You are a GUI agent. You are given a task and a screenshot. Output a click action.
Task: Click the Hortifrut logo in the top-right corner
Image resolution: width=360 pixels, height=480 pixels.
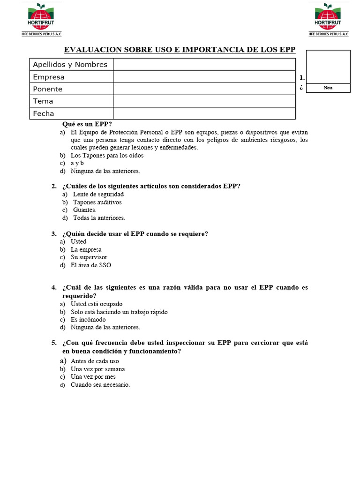click(328, 19)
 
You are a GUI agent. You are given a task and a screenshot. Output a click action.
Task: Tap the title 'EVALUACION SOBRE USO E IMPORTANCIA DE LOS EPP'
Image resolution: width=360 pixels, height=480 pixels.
click(180, 50)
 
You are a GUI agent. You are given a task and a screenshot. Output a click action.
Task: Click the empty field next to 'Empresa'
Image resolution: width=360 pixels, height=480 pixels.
click(204, 77)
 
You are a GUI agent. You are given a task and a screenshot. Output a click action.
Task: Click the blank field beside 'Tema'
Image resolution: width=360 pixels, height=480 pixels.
click(204, 101)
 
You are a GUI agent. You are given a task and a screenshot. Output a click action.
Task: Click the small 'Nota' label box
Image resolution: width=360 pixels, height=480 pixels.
click(328, 88)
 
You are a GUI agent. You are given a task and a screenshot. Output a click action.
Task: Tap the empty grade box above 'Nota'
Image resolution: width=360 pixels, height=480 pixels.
click(328, 67)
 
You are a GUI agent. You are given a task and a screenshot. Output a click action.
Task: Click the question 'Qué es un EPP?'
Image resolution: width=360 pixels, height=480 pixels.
click(87, 124)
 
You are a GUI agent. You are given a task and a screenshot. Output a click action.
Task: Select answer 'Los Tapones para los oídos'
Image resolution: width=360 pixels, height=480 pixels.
click(107, 155)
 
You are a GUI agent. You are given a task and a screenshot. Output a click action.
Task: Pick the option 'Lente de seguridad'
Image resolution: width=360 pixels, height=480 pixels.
click(98, 194)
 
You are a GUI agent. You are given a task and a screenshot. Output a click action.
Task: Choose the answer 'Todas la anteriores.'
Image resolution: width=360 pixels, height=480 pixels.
click(99, 218)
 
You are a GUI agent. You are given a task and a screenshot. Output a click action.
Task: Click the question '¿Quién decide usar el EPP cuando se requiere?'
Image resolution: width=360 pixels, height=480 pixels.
click(135, 234)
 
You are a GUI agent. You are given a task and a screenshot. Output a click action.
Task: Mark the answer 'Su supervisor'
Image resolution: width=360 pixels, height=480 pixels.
click(89, 257)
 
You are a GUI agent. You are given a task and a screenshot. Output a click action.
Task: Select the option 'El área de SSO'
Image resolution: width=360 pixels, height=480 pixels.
click(91, 265)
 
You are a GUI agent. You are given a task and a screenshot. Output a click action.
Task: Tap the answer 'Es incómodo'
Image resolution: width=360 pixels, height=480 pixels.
click(88, 320)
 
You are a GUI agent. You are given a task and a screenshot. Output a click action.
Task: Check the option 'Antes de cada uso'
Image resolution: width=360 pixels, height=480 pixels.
click(95, 361)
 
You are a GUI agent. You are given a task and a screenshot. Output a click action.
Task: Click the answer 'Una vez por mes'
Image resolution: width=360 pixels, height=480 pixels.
click(93, 377)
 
